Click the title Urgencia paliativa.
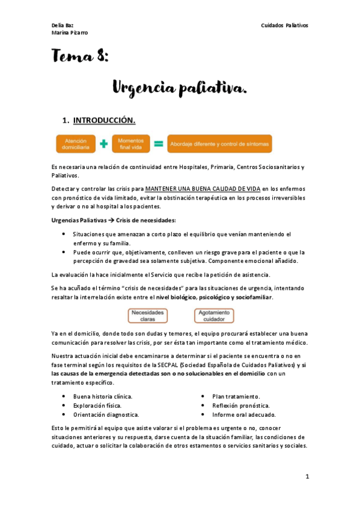coord(180,89)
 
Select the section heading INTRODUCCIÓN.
coord(104,119)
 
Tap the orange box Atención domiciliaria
coord(76,144)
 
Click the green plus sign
coord(104,144)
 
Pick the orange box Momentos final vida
coord(130,144)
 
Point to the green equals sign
coord(159,144)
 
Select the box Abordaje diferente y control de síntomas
coord(219,144)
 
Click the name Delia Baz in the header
coord(63,25)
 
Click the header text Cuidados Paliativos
coord(284,25)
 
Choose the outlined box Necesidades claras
coord(148,316)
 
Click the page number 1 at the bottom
coord(307,476)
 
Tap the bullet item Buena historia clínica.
coord(103,396)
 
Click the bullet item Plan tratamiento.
coord(236,396)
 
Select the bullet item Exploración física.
coord(97,405)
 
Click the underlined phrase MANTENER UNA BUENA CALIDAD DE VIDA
coord(203,188)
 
